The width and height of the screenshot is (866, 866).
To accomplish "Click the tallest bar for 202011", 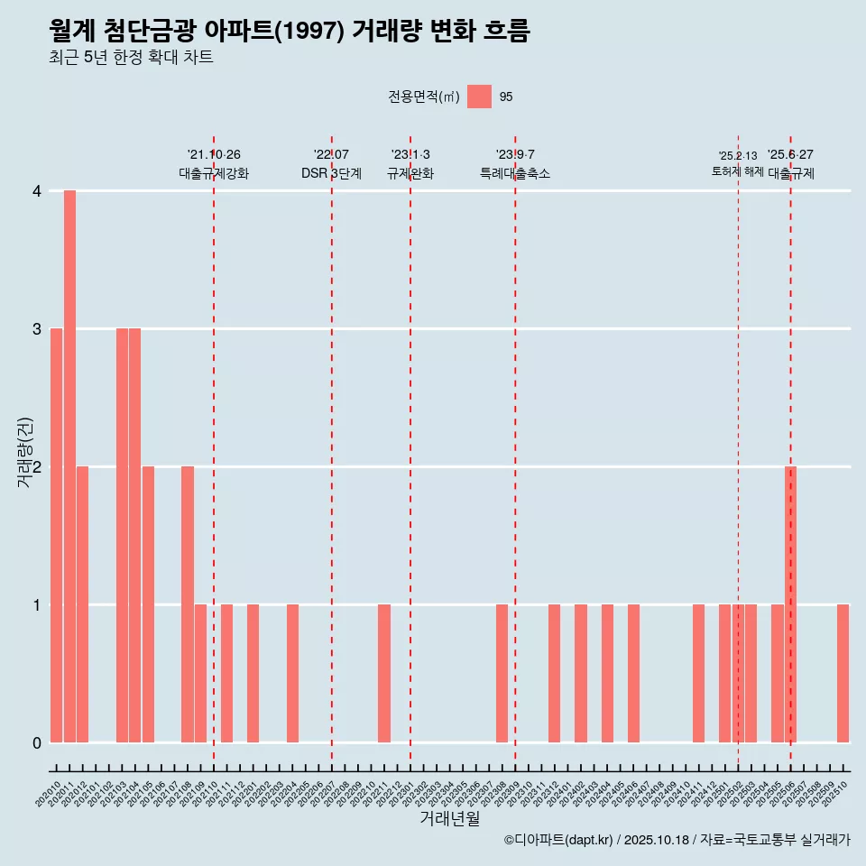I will click(69, 466).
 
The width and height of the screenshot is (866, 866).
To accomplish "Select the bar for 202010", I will click(56, 535).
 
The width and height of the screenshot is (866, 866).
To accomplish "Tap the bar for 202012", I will click(82, 604).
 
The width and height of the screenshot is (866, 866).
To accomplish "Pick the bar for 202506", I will click(790, 604).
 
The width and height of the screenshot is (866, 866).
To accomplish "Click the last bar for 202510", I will click(843, 673).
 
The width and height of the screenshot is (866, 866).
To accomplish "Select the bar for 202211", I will click(384, 673).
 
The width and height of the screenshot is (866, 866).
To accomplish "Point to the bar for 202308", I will click(502, 673).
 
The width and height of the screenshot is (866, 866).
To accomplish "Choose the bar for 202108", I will click(188, 604).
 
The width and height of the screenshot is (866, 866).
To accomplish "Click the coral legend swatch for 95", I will click(479, 97).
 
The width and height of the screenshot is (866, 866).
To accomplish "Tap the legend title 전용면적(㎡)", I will click(423, 97).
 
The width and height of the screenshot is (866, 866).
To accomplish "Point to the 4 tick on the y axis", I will click(37, 191).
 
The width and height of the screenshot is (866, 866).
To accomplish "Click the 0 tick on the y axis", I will click(37, 743).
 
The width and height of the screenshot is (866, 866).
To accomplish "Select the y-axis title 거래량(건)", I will click(25, 452).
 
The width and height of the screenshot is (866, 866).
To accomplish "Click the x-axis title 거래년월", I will click(449, 818).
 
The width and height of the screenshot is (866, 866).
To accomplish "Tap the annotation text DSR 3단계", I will click(331, 174).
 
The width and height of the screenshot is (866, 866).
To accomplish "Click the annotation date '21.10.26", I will click(214, 155).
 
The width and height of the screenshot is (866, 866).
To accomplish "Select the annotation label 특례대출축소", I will click(514, 174).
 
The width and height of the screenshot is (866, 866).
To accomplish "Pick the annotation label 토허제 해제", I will click(737, 171).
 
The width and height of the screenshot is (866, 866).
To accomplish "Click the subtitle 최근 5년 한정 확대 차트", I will click(131, 58).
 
